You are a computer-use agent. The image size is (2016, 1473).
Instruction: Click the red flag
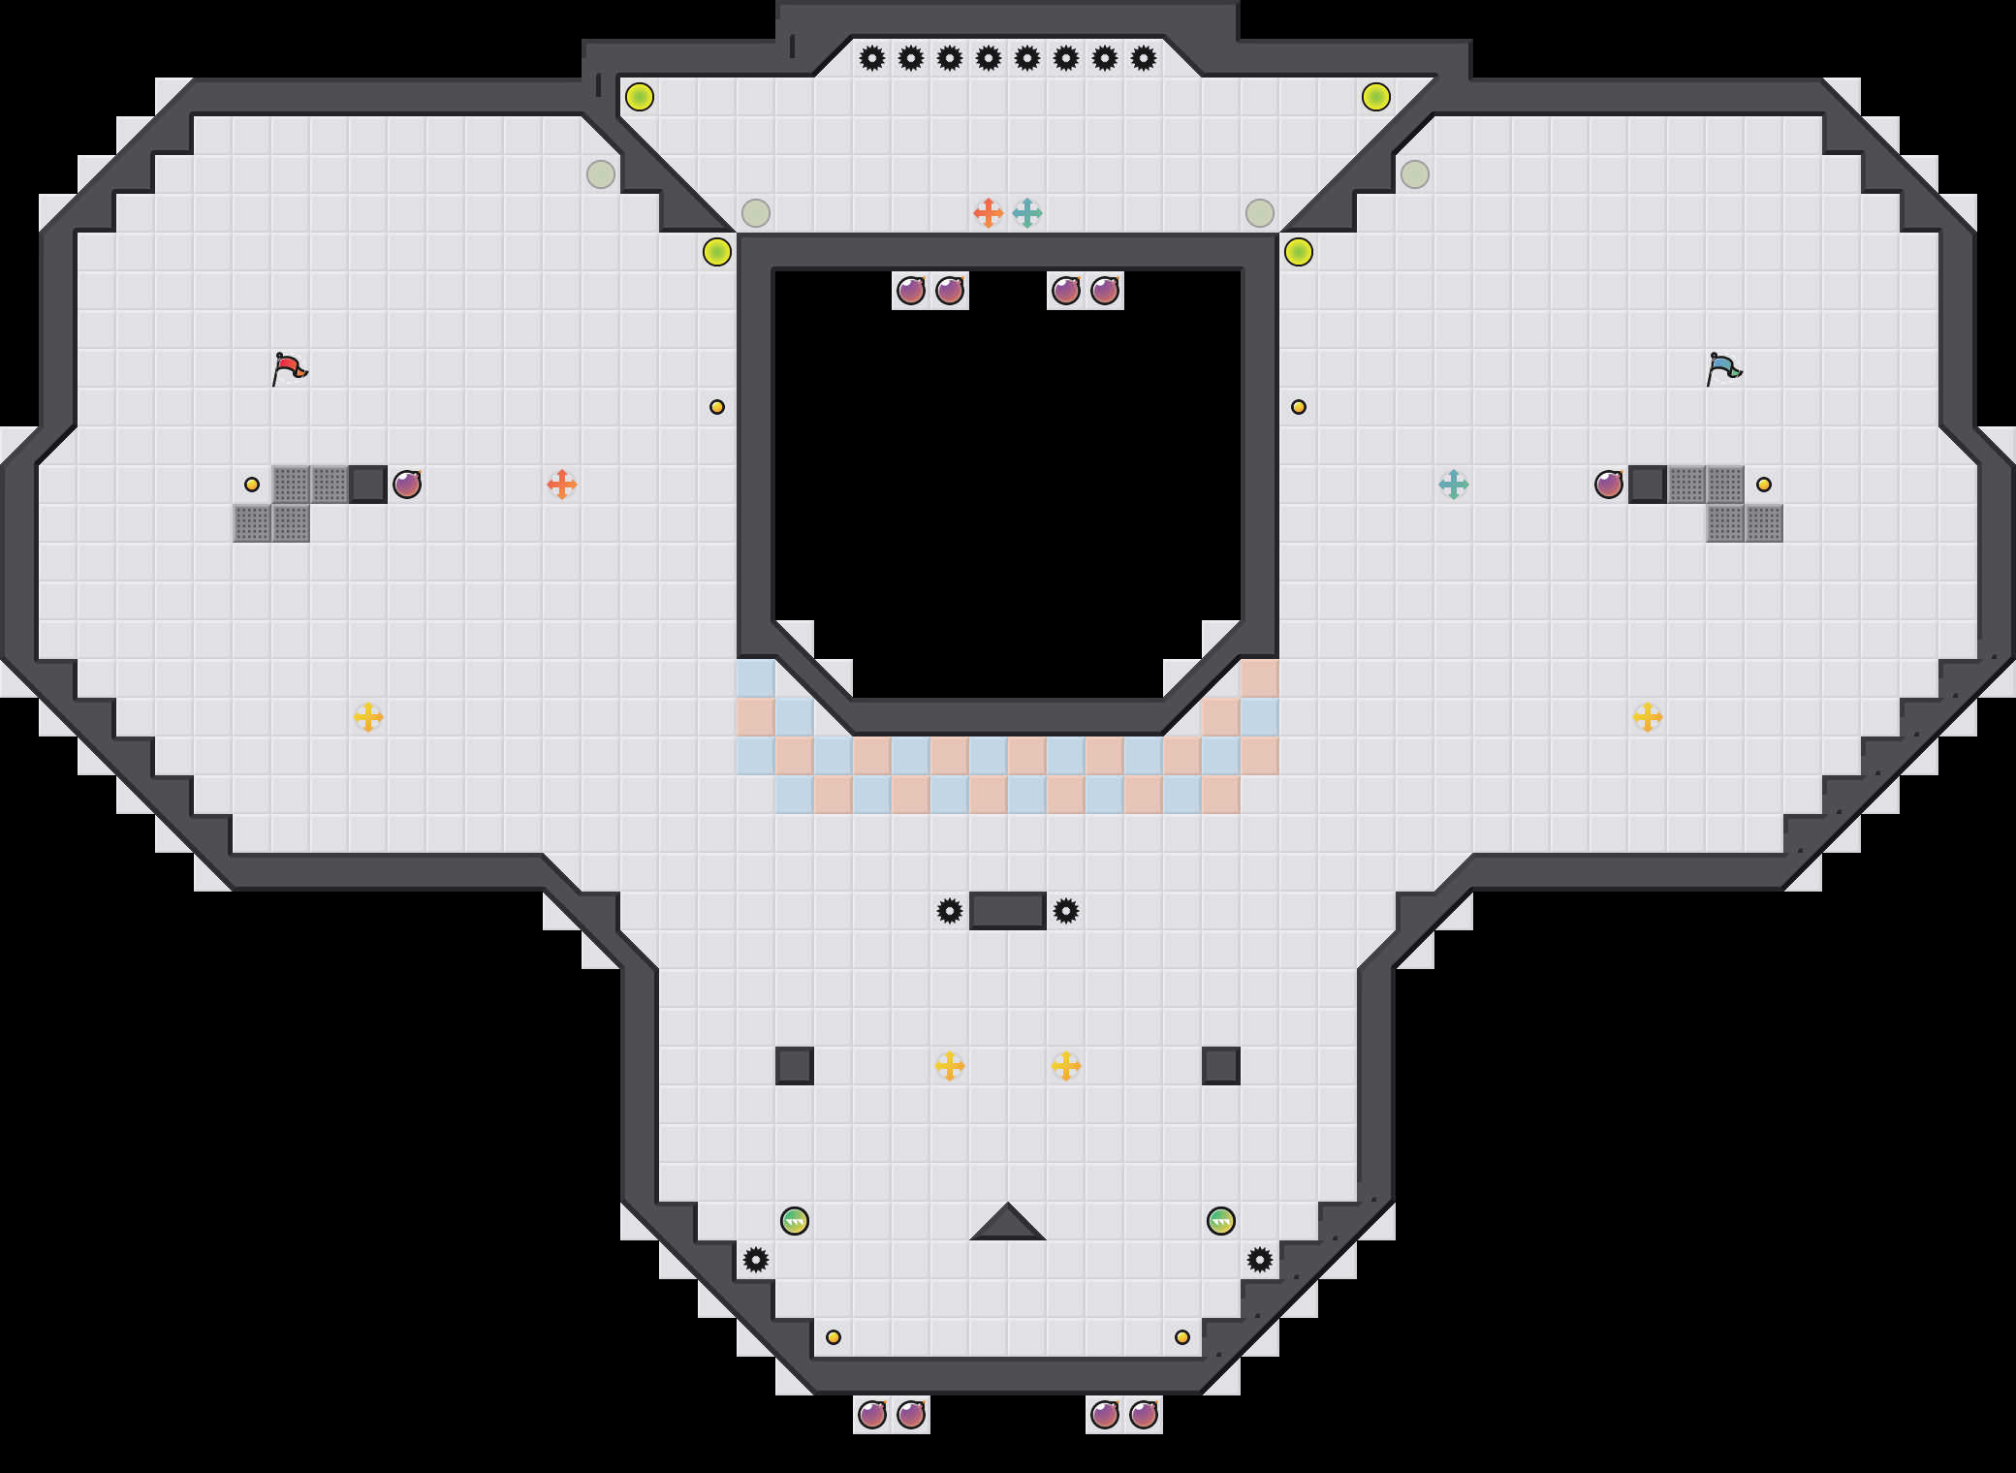[289, 368]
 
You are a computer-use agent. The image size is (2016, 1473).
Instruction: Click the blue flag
[1723, 368]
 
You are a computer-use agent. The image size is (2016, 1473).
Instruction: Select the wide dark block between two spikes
[1008, 911]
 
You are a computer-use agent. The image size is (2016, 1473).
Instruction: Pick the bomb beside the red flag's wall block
[407, 484]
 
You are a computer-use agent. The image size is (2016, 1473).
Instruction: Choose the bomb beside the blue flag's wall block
[1609, 484]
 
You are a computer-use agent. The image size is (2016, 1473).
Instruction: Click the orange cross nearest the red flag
[562, 484]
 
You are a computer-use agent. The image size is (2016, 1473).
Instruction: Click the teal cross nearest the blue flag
[1454, 484]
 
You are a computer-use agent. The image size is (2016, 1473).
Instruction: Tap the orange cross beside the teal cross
[988, 212]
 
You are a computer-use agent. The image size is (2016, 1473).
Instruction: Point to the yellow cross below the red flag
[368, 717]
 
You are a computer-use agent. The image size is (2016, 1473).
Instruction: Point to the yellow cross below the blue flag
[1648, 717]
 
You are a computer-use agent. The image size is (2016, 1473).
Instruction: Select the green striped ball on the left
[795, 1220]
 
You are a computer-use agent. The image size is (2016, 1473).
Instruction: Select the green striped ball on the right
[1221, 1220]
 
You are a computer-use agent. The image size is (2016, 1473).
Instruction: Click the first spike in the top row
[872, 58]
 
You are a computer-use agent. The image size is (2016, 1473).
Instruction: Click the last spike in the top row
[1144, 58]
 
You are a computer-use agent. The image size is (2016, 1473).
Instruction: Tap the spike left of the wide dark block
[950, 911]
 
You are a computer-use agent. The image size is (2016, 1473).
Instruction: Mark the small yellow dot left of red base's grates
[252, 484]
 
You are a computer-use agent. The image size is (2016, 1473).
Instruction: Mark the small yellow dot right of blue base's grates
[1764, 484]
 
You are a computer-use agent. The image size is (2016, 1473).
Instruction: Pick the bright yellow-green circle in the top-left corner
[640, 97]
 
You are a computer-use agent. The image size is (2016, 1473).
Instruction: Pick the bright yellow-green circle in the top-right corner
[1376, 97]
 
